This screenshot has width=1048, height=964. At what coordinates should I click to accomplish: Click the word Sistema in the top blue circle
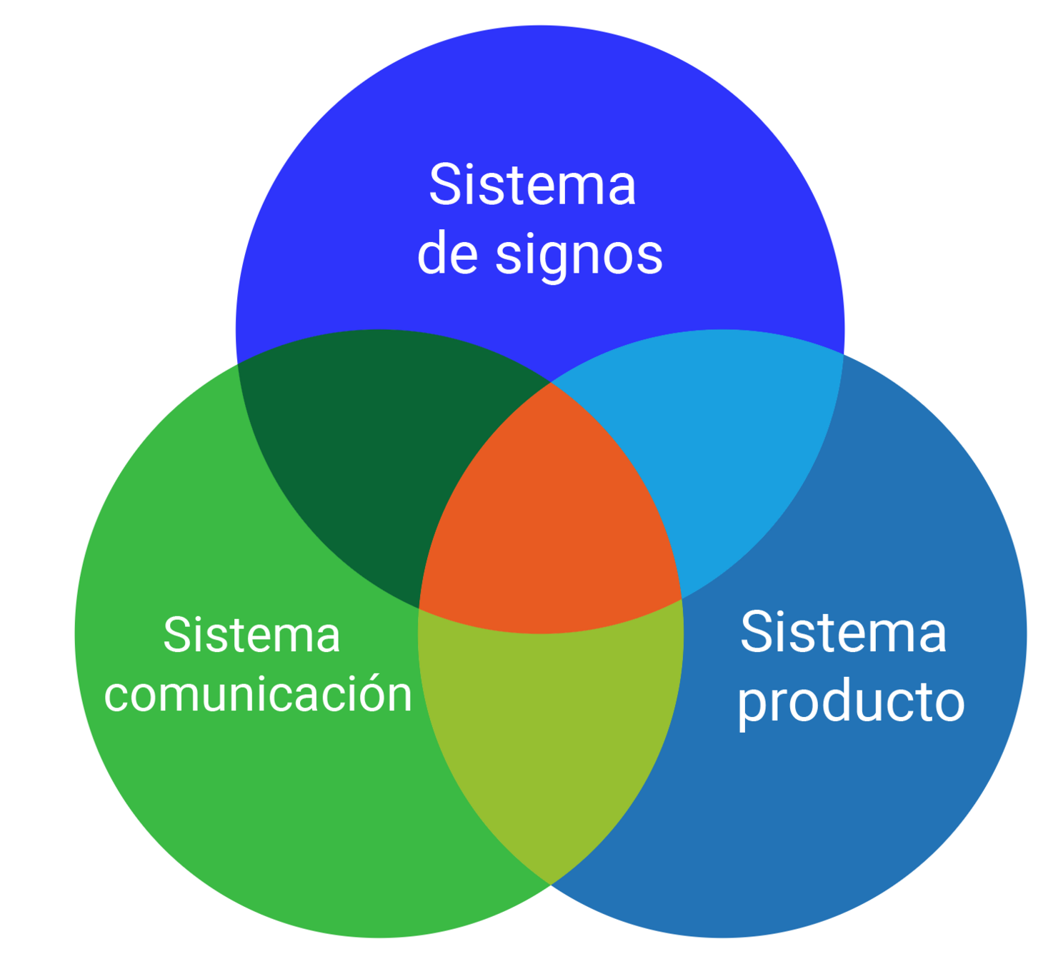pyautogui.click(x=532, y=186)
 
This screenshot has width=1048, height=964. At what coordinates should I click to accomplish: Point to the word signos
pyautogui.click(x=579, y=256)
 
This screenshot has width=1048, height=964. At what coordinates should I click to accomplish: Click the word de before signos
pyautogui.click(x=447, y=254)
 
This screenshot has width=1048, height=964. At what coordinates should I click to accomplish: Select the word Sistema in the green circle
pyautogui.click(x=251, y=635)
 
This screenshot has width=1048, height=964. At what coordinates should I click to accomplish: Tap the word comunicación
pyautogui.click(x=258, y=694)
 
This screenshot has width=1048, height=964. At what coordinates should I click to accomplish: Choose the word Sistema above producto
pyautogui.click(x=843, y=633)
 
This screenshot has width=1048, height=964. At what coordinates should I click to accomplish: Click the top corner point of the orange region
pyautogui.click(x=551, y=383)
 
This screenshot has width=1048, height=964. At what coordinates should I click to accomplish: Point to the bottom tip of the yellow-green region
pyautogui.click(x=551, y=884)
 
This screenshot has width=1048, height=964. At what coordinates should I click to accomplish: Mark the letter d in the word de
pyautogui.click(x=433, y=253)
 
